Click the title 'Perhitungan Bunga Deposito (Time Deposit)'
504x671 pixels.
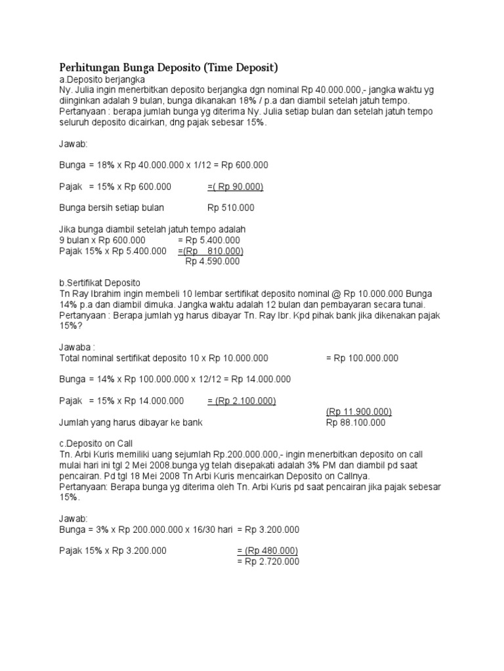coord(169,67)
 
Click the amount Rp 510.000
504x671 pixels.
coord(231,208)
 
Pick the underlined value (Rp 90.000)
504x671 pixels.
coord(237,187)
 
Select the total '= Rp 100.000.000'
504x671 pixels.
coord(362,358)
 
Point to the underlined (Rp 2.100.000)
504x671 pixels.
coord(241,401)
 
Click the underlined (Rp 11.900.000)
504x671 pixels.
coord(359,412)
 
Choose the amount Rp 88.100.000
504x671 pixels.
coord(356,423)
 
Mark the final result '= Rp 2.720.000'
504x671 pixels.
coord(267,562)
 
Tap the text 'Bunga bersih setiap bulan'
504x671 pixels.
coord(112,208)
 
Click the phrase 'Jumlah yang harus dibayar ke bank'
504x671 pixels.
coord(131,423)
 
